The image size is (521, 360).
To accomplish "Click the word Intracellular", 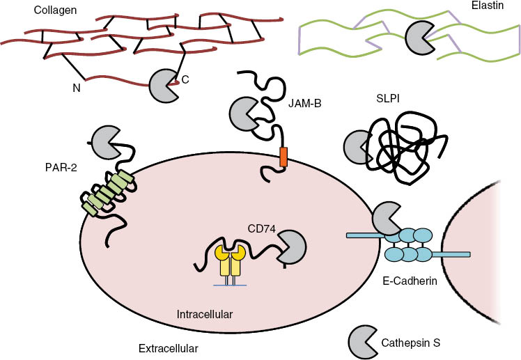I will (x=205, y=314).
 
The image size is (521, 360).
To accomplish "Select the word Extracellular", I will (x=169, y=347).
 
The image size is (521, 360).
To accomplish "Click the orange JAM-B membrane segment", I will (x=283, y=157).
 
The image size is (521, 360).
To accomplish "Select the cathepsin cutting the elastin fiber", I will (x=419, y=34).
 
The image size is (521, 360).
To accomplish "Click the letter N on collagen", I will (x=77, y=88).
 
